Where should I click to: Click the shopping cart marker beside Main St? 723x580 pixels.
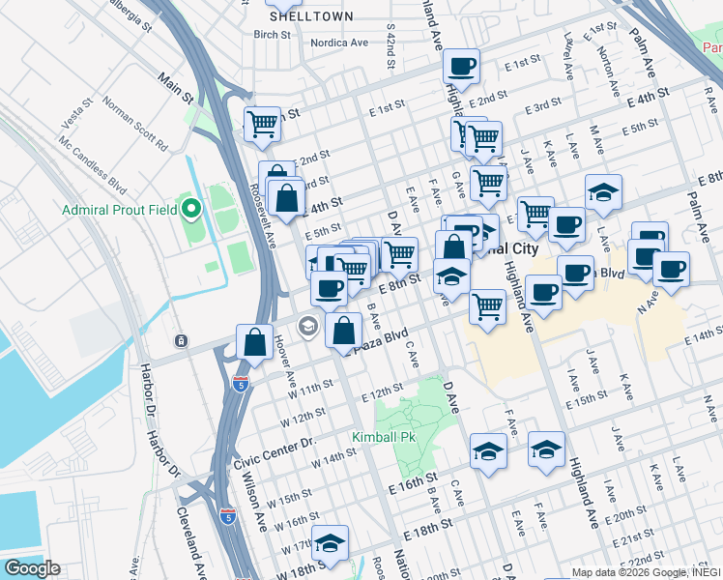262,124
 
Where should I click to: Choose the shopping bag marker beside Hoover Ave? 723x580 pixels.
253,342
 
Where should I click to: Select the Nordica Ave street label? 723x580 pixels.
339,43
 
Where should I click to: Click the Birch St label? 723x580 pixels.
272,35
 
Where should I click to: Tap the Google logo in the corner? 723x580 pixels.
32,568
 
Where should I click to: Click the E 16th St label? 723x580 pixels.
414,478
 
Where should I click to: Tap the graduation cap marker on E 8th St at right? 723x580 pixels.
603,192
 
